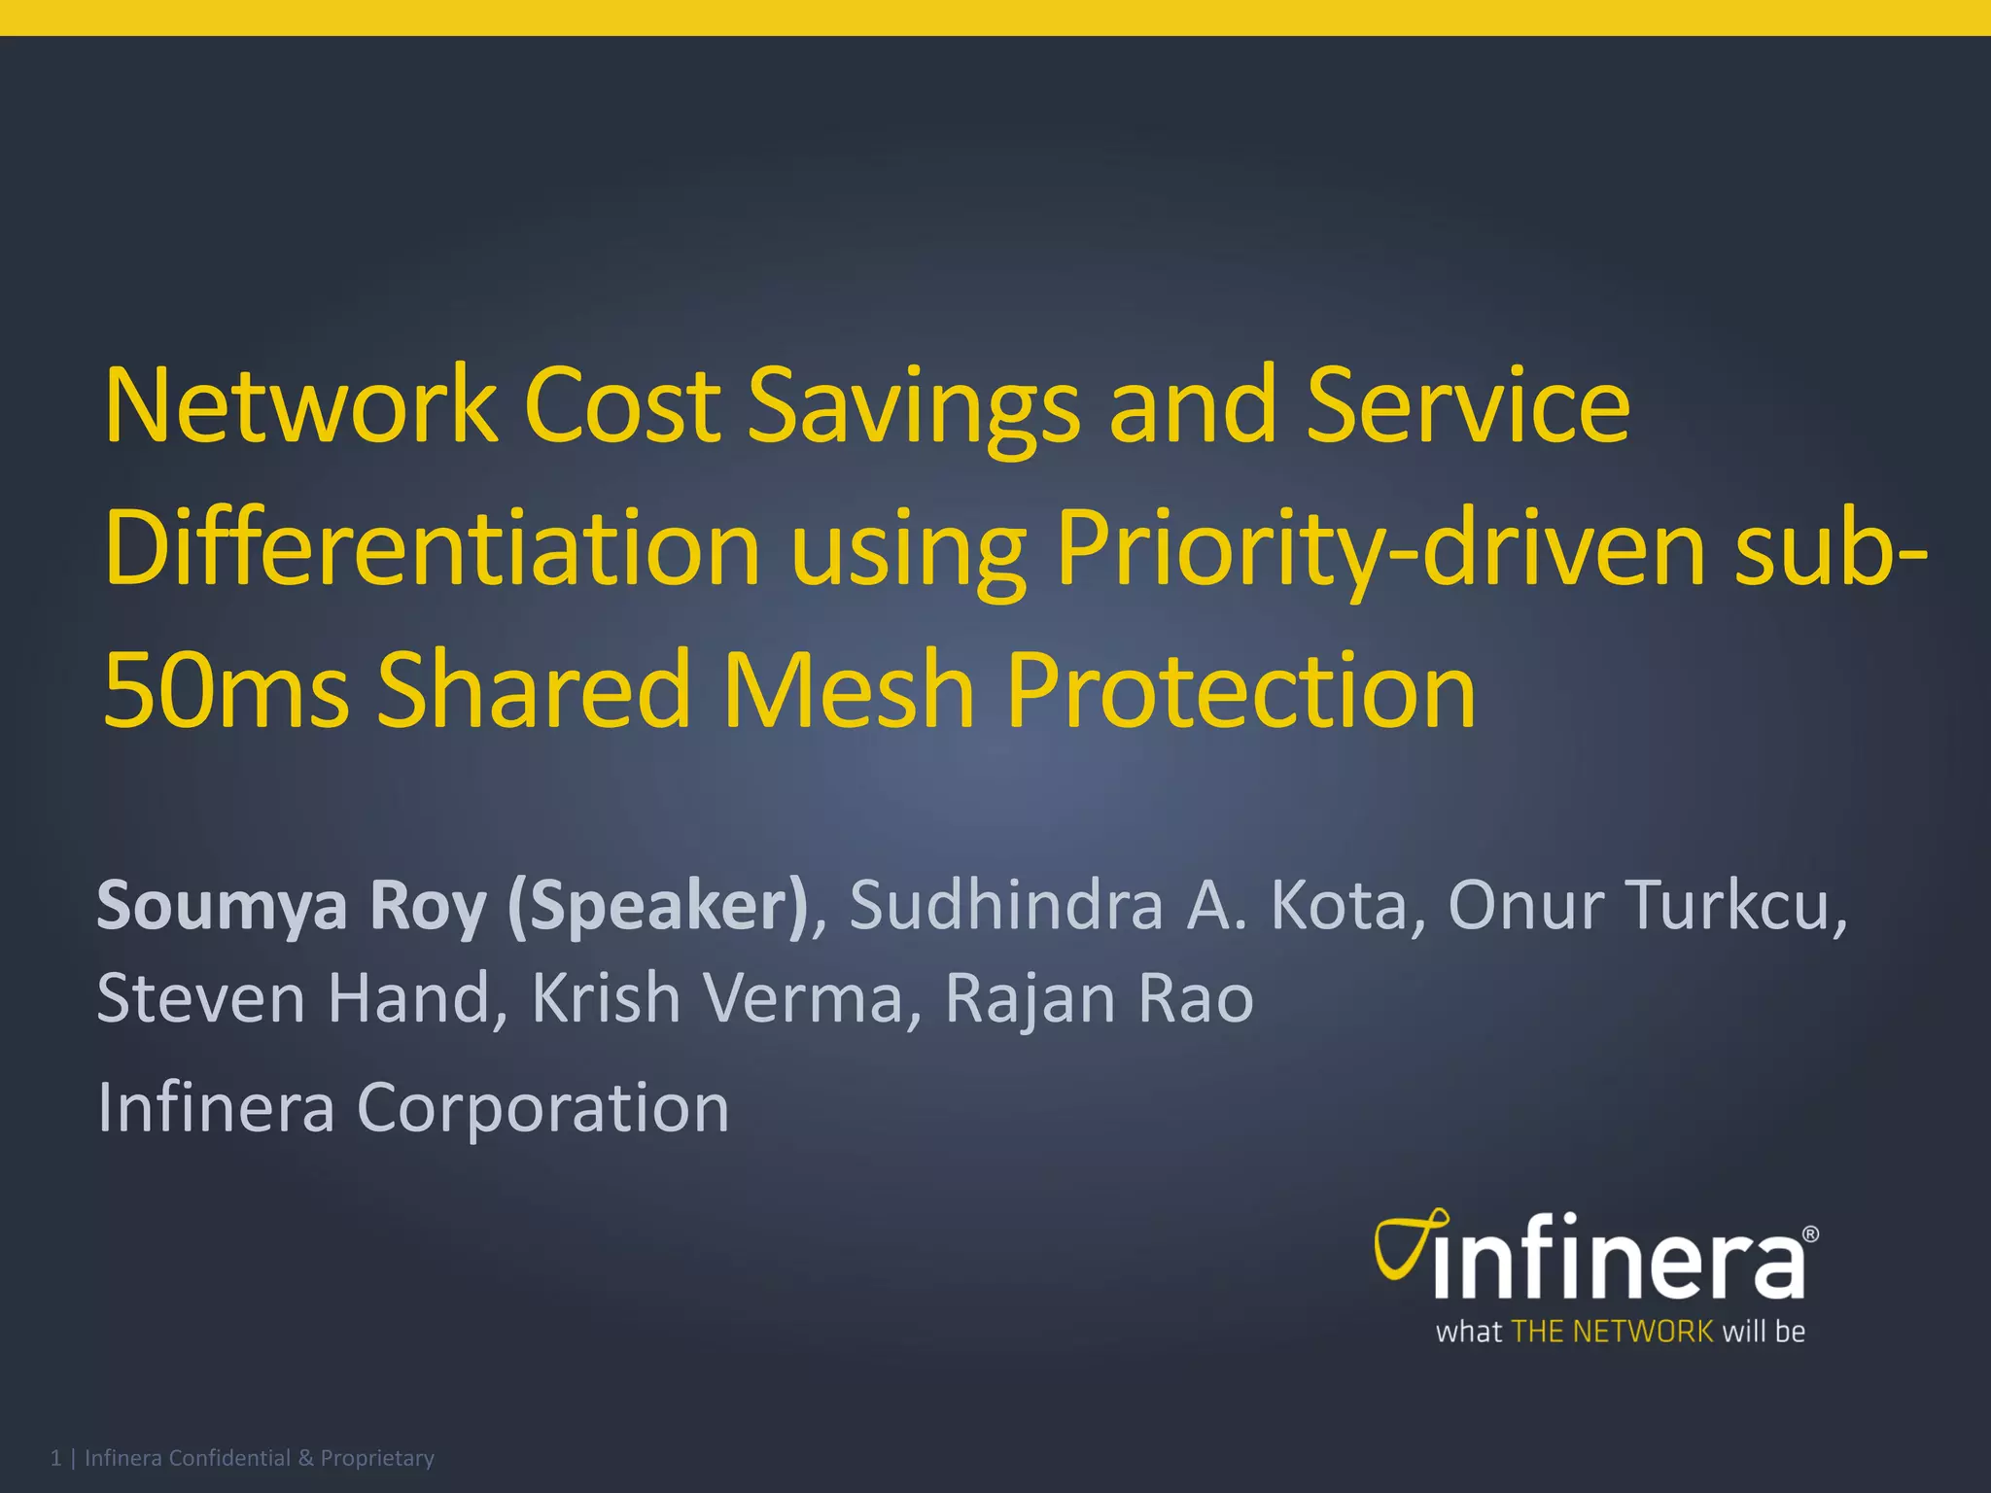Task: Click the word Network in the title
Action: [300, 405]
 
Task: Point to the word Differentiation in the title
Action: [432, 548]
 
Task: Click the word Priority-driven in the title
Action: [1380, 550]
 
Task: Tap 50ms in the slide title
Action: [225, 690]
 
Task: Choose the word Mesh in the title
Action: [849, 690]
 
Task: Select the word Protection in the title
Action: [1240, 690]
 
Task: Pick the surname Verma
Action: [804, 999]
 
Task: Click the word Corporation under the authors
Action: [543, 1108]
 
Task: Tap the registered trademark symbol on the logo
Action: [1810, 1234]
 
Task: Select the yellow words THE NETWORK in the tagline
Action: [1612, 1332]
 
